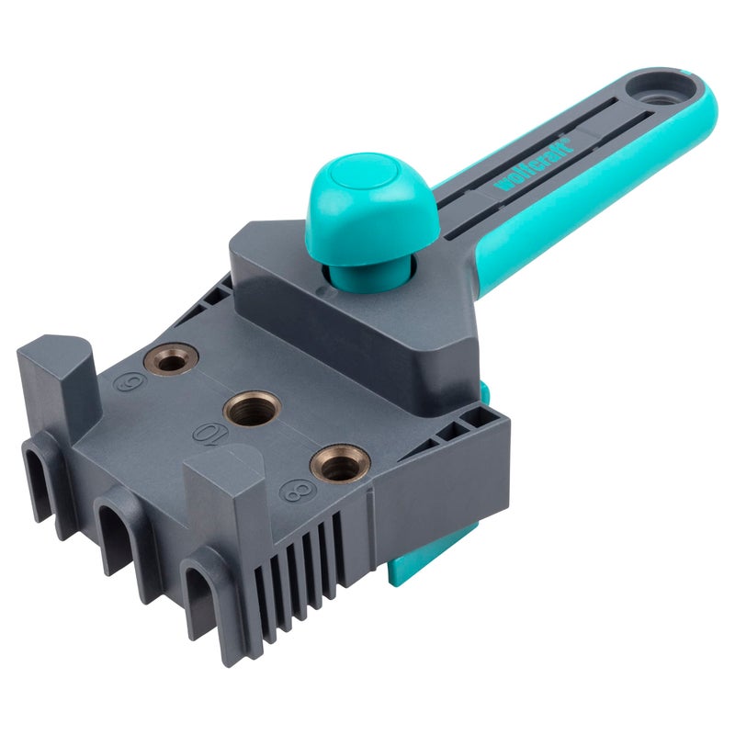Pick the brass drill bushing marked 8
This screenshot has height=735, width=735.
click(x=340, y=463)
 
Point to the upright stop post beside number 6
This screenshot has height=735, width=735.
click(x=60, y=372)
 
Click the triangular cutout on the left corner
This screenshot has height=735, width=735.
click(x=220, y=288)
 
